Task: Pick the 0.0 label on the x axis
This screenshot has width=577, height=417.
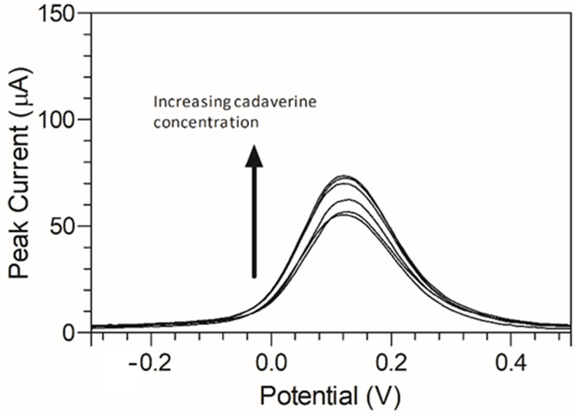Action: point(272,364)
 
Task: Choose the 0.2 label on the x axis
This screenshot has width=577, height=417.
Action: point(391,364)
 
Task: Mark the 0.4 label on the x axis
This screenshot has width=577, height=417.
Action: point(511,364)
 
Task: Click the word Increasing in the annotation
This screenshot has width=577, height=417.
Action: point(192,103)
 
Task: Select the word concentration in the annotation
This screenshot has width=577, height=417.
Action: point(206,122)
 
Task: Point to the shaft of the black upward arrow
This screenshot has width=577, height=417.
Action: point(254,222)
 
